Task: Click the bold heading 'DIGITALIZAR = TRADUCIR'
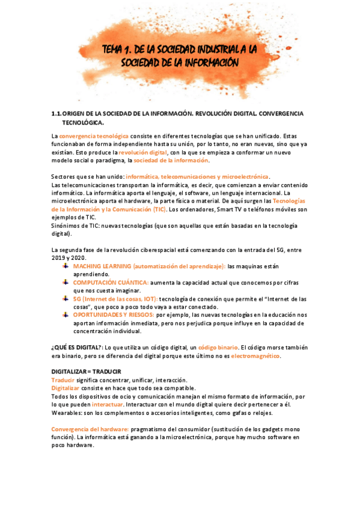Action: [87, 372]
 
